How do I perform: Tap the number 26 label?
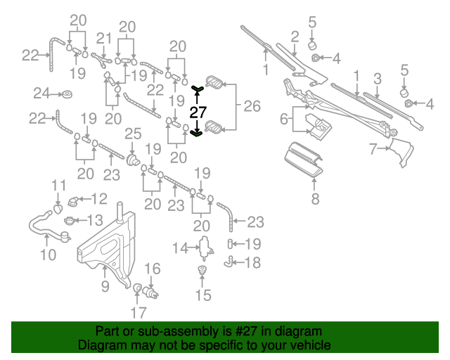coord(251,106)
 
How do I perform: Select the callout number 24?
coord(41,93)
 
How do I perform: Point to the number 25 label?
coord(133,134)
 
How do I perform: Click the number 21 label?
coord(104,38)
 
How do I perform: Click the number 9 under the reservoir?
coord(105,285)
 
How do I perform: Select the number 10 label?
coord(47,255)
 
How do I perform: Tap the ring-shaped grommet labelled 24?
coord(67,94)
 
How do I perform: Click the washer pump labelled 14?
coord(206,246)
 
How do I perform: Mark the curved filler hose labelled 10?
coord(44,226)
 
